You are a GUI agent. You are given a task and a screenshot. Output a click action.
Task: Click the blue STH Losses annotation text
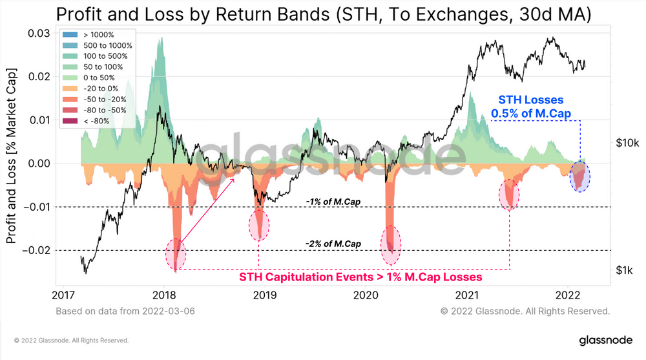pyautogui.click(x=531, y=107)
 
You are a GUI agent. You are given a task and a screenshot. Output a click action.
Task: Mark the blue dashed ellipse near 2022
pyautogui.click(x=580, y=176)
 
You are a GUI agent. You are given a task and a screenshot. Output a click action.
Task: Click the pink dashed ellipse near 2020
pyautogui.click(x=390, y=245)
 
